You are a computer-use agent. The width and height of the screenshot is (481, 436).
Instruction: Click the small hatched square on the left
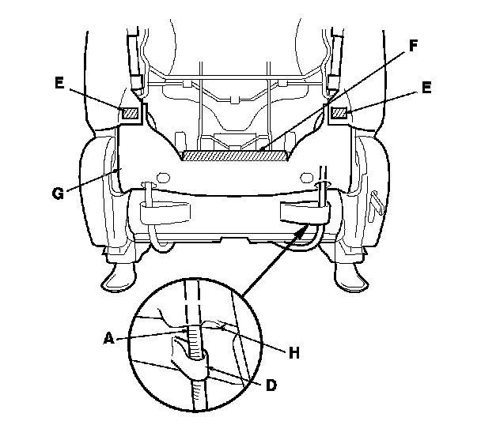click(x=130, y=113)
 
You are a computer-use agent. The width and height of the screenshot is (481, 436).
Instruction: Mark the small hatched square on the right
click(x=339, y=115)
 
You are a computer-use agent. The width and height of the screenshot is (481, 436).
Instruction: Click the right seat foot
click(x=349, y=276)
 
